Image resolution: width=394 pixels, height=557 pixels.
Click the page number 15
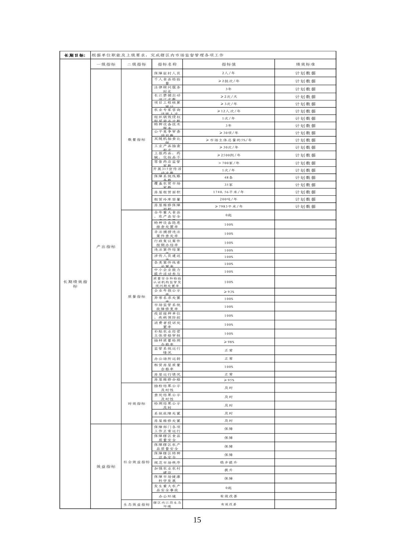pos(197,520)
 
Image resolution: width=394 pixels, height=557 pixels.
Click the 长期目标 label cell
pos(75,55)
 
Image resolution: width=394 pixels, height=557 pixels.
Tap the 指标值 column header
pos(229,64)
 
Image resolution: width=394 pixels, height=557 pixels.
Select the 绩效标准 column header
pos(305,64)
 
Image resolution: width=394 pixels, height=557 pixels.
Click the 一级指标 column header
pos(106,64)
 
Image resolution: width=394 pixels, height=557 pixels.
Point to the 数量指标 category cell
pos(136,140)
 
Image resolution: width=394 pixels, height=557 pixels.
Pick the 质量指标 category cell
pos(136,296)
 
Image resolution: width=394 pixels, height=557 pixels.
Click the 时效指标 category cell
pos(136,403)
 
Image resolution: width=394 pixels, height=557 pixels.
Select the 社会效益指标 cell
pos(136,462)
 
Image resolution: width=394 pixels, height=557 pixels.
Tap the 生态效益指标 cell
pos(136,505)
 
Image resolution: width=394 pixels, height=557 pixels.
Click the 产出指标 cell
pos(106,247)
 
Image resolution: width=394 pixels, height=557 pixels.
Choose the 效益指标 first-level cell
pos(106,466)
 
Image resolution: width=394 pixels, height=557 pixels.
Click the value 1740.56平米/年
pos(229,192)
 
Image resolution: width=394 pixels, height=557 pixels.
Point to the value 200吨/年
pos(229,199)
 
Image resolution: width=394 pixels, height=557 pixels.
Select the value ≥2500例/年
pos(229,155)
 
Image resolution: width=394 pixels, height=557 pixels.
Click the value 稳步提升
pos(229,462)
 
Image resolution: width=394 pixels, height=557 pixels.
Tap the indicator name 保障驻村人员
pos(167,73)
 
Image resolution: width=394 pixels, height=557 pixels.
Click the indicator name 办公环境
pos(167,497)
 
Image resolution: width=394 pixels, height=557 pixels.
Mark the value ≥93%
pos(229,292)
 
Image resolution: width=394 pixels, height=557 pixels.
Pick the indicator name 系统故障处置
pos(167,413)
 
